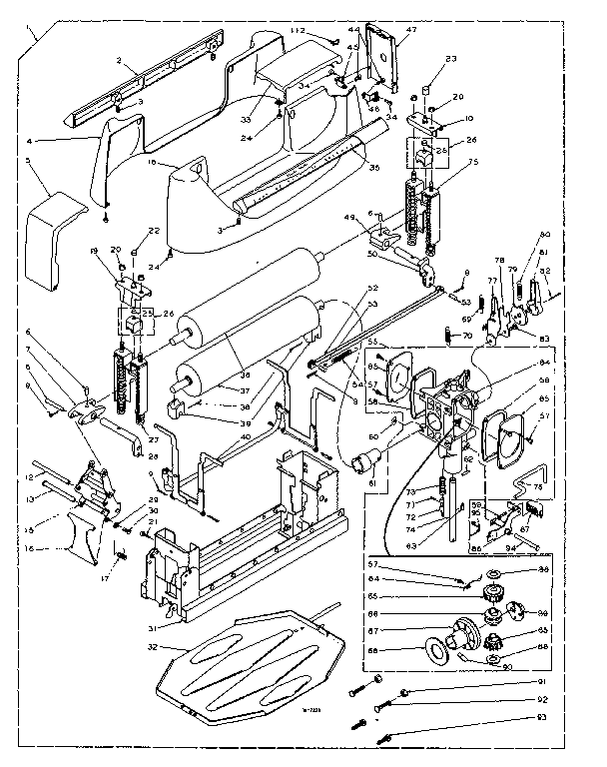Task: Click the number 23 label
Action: [x=451, y=59]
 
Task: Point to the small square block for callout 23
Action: [x=423, y=90]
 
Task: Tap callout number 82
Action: [x=544, y=271]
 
